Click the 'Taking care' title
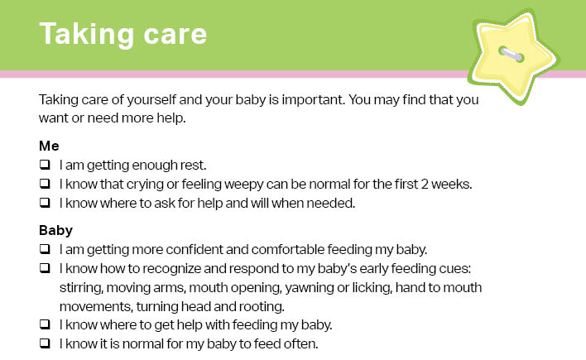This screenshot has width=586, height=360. [123, 34]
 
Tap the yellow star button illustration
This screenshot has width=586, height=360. [513, 56]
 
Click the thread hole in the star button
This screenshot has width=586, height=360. [512, 54]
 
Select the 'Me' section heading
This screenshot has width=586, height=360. [49, 146]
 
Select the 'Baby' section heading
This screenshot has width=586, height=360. [55, 230]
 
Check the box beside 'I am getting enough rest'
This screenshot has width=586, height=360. [45, 165]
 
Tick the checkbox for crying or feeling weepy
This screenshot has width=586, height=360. [45, 184]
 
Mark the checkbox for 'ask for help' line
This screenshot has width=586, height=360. [45, 203]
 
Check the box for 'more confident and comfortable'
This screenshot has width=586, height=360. [45, 249]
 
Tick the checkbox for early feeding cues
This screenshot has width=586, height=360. [45, 268]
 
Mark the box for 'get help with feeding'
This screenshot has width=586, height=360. [45, 324]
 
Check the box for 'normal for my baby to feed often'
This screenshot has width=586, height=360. [45, 343]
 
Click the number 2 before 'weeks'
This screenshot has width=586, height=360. [425, 185]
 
